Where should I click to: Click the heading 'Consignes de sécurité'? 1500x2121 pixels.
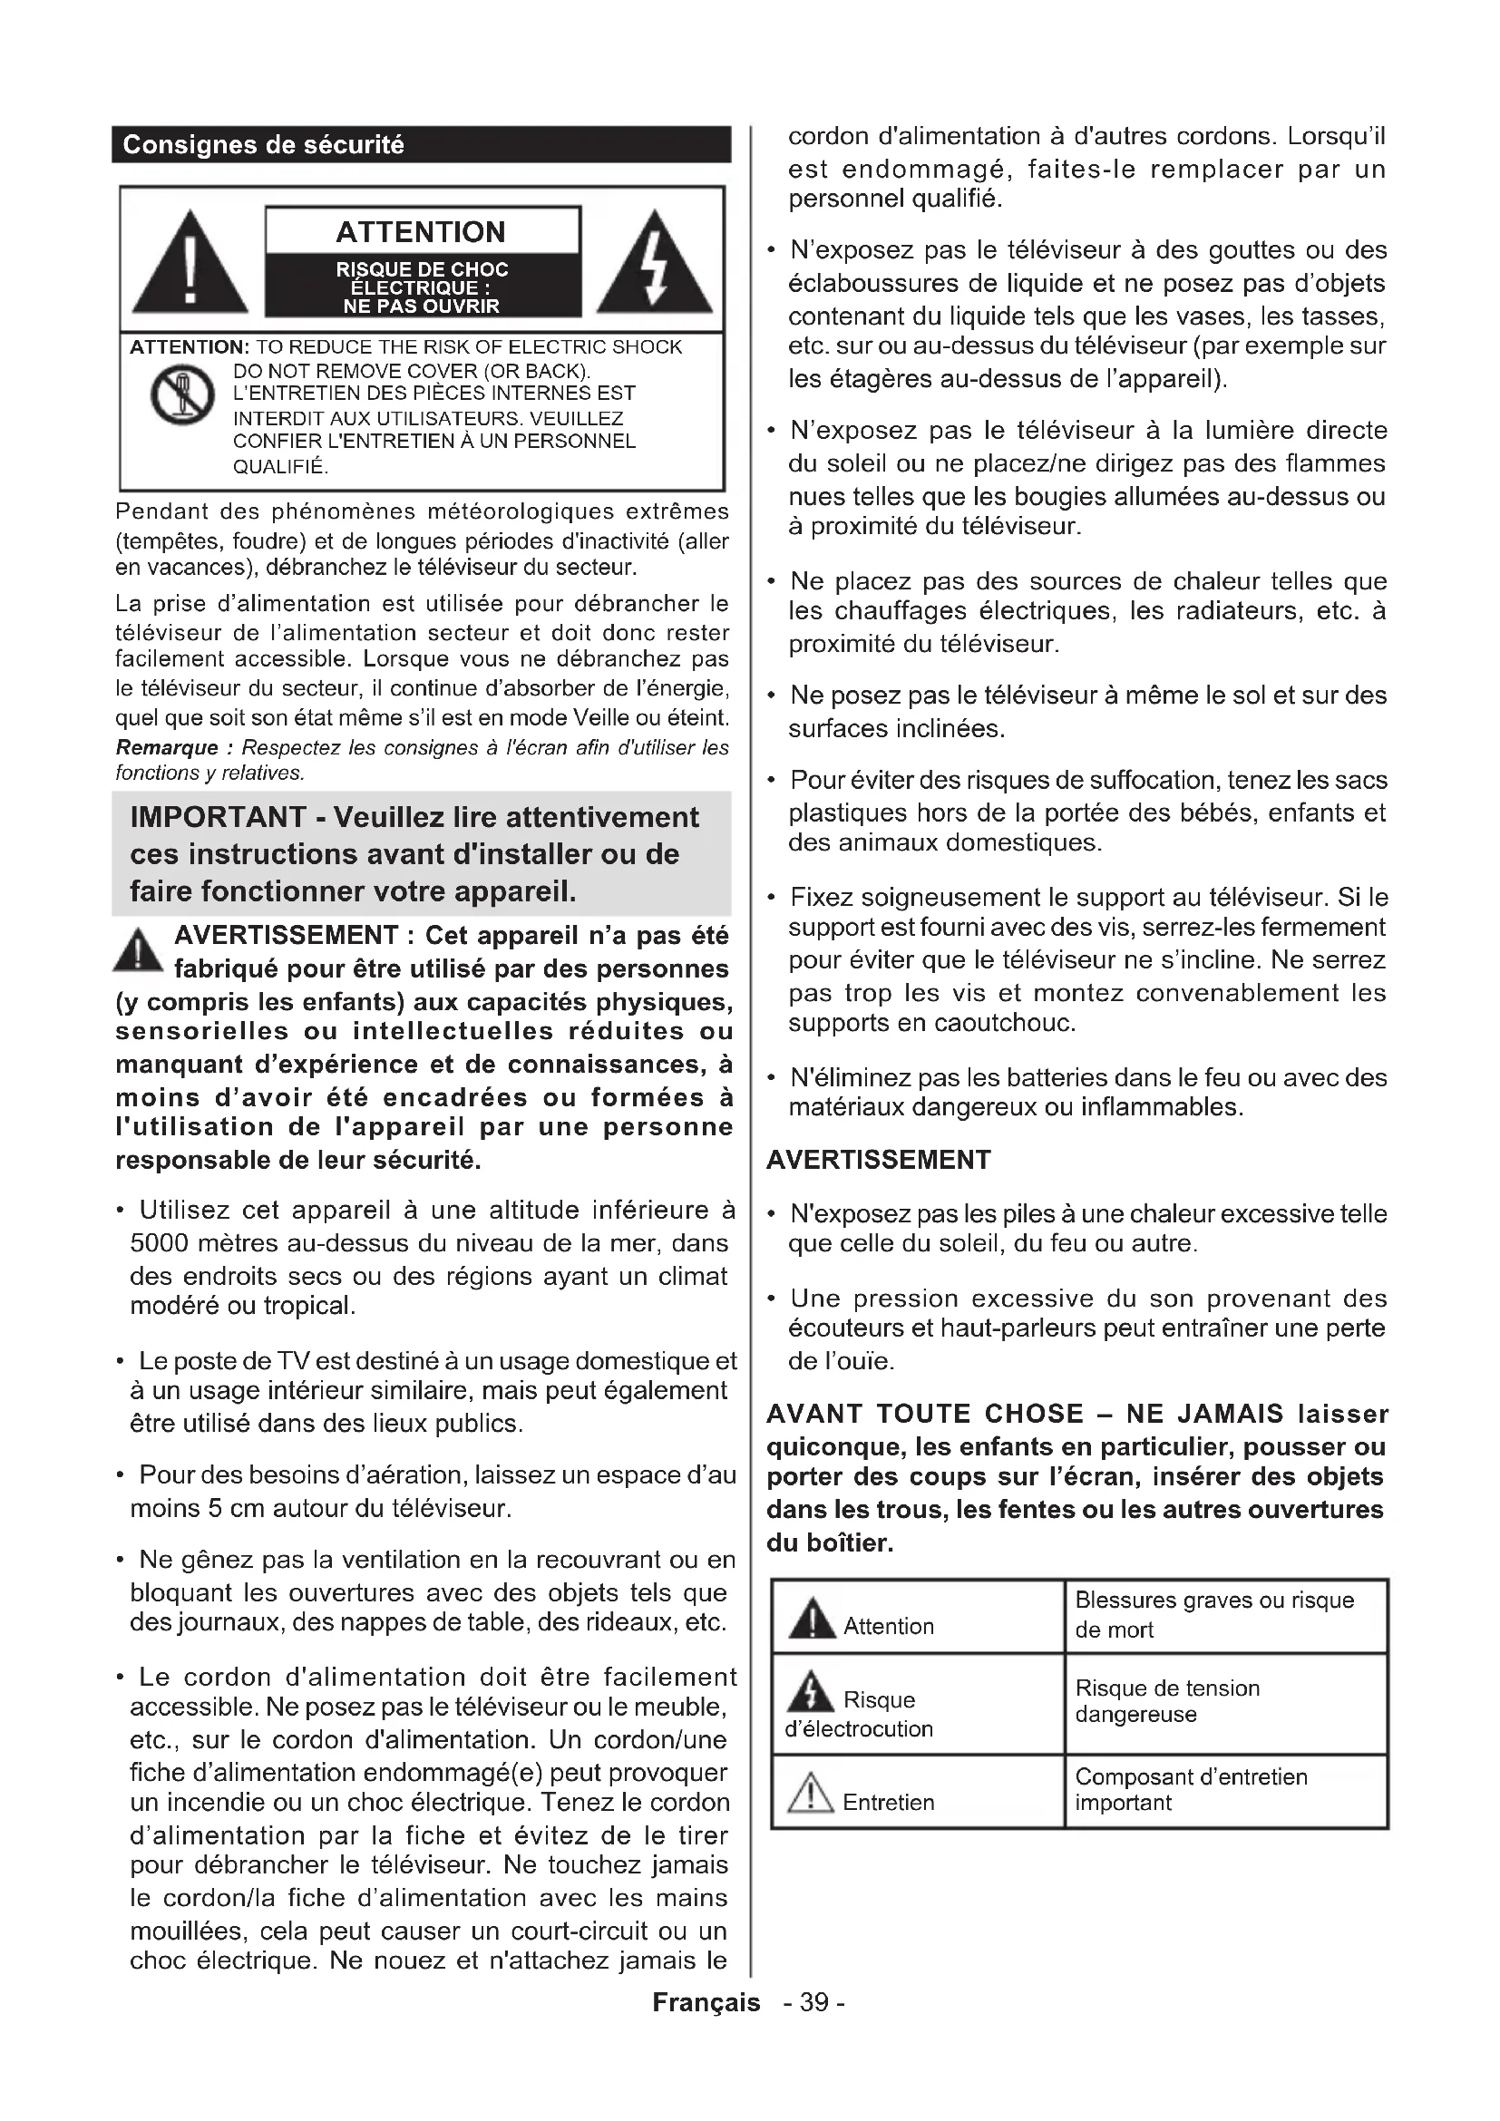pos(263,145)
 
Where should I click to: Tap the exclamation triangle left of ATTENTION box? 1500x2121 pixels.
pos(190,266)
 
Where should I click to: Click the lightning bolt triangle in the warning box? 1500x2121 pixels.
pos(655,266)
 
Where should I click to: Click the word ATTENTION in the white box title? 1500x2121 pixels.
pos(421,231)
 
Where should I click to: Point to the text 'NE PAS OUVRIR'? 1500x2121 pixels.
pos(421,306)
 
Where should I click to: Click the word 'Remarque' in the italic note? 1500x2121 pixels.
pos(166,747)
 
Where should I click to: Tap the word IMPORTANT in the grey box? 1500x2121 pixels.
pos(218,818)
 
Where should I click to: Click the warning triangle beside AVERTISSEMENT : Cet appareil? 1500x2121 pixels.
pos(138,950)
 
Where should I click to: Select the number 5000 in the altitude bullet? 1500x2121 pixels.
pos(161,1243)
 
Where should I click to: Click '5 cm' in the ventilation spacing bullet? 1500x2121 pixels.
pos(237,1509)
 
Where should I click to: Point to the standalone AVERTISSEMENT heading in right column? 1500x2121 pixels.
pos(879,1161)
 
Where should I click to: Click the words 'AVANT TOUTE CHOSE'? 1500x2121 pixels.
pos(924,1414)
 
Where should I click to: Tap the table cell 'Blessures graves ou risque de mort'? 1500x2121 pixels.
pos(1213,1614)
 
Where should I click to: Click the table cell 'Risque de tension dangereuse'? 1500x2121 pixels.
pos(1167,1700)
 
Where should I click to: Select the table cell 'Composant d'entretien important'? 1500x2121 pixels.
pos(1191,1789)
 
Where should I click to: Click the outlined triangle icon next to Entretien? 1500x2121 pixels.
pos(810,1793)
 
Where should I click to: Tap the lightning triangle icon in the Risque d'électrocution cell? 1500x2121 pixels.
pos(810,1690)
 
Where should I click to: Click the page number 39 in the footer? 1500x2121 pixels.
pos(813,2003)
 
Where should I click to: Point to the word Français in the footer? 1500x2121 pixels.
pos(706,2003)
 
